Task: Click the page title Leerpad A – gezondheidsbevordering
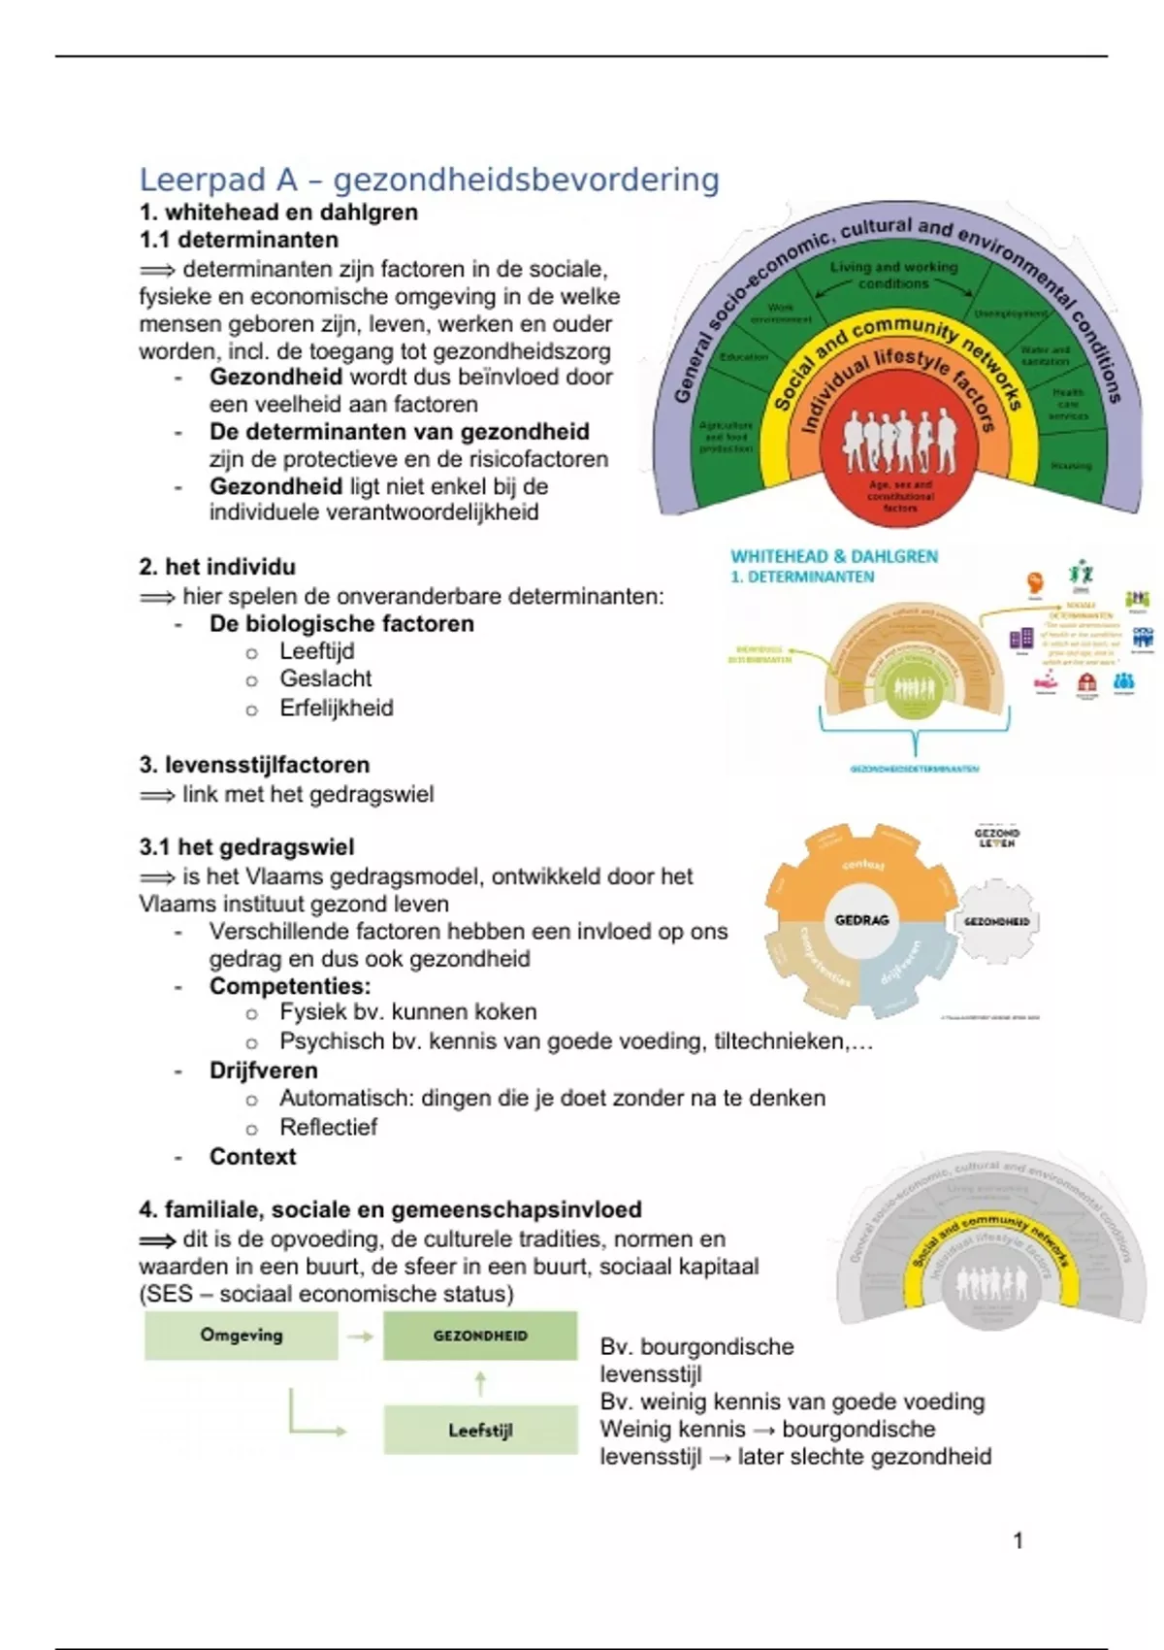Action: [429, 180]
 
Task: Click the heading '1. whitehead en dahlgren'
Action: [278, 213]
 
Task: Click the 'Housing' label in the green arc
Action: [1070, 466]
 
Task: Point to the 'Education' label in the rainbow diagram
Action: [743, 357]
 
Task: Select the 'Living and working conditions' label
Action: [893, 275]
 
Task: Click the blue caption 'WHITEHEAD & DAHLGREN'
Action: [834, 556]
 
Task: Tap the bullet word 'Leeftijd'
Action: [317, 651]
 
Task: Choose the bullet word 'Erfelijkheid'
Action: [337, 709]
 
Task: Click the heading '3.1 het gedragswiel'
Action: [246, 847]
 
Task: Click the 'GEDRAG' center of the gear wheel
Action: [861, 920]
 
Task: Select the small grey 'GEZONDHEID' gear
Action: [996, 921]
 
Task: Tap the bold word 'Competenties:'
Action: [290, 986]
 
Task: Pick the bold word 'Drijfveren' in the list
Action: [264, 1071]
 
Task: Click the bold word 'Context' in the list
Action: [253, 1157]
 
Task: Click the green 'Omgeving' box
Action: [242, 1336]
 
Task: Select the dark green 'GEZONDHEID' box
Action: [480, 1336]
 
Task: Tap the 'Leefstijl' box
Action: [480, 1430]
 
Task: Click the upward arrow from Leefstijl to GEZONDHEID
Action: [480, 1382]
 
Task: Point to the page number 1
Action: [1018, 1540]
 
